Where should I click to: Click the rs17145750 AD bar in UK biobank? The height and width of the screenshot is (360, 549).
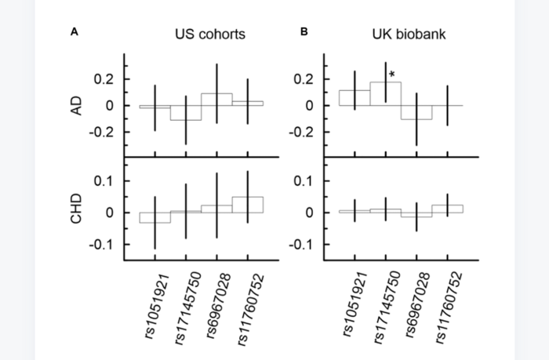[x=386, y=93]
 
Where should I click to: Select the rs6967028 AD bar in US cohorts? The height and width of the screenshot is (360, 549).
[x=216, y=100]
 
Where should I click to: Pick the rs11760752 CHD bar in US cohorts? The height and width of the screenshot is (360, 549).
[x=247, y=205]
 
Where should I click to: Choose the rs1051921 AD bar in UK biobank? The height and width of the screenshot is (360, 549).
[x=354, y=98]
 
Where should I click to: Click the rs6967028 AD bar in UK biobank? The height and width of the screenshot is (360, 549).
[x=416, y=112]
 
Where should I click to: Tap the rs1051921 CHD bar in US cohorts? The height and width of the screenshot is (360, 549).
[x=155, y=217]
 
